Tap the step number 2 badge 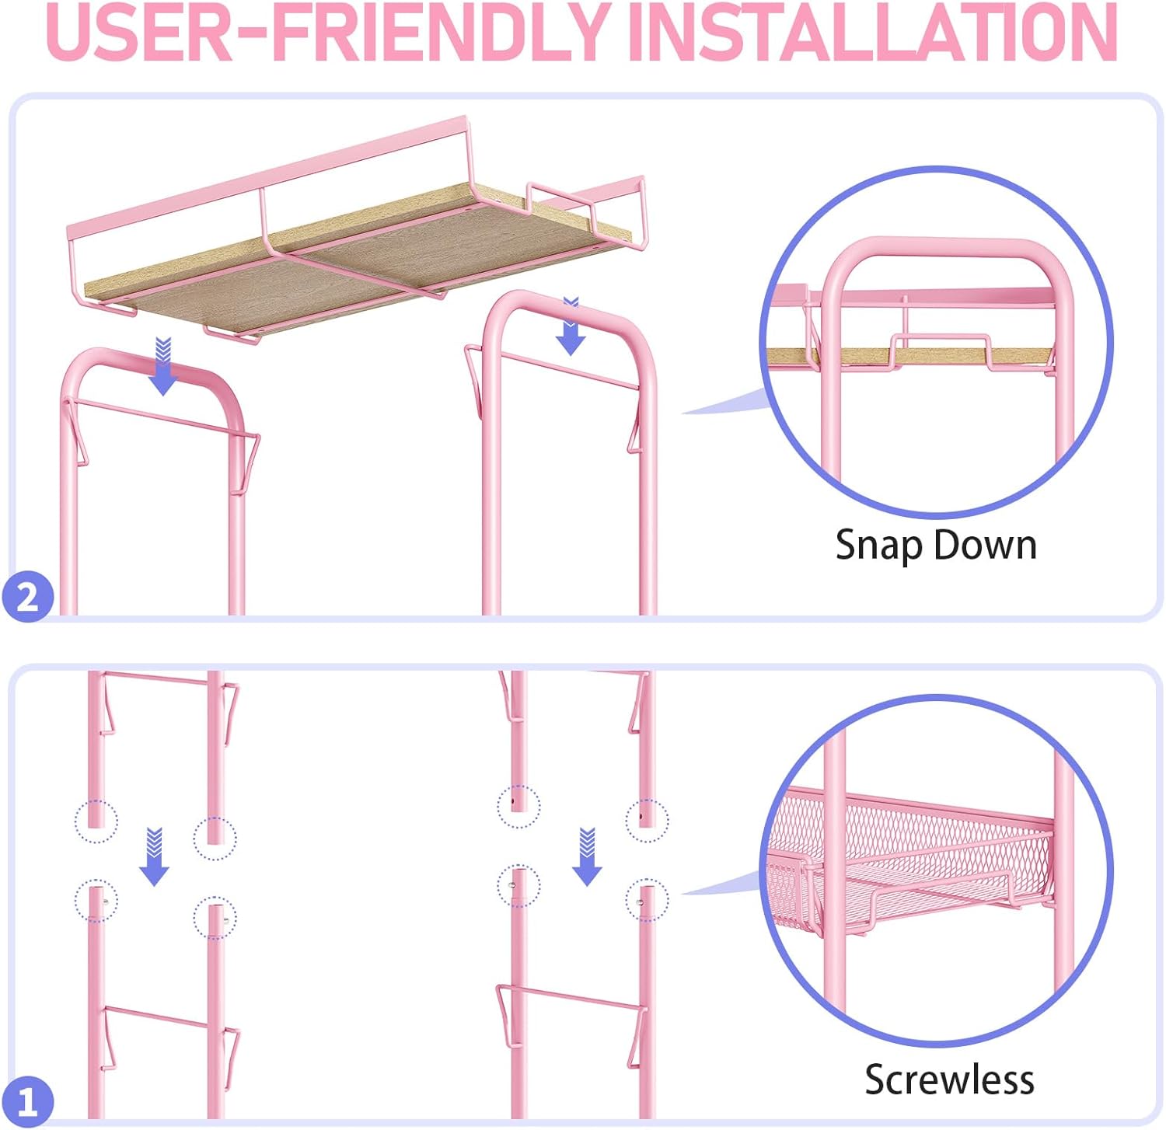pyautogui.click(x=28, y=597)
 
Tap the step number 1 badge pyautogui.click(x=28, y=1101)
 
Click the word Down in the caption pyautogui.click(x=985, y=545)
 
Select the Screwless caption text pyautogui.click(x=949, y=1079)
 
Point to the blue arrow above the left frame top pyautogui.click(x=163, y=366)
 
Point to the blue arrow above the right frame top pyautogui.click(x=571, y=326)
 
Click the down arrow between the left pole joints pyautogui.click(x=155, y=856)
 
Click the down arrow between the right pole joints pyautogui.click(x=587, y=856)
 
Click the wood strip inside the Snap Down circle pyautogui.click(x=909, y=356)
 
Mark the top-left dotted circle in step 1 pyautogui.click(x=96, y=821)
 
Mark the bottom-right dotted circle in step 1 pyautogui.click(x=647, y=900)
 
